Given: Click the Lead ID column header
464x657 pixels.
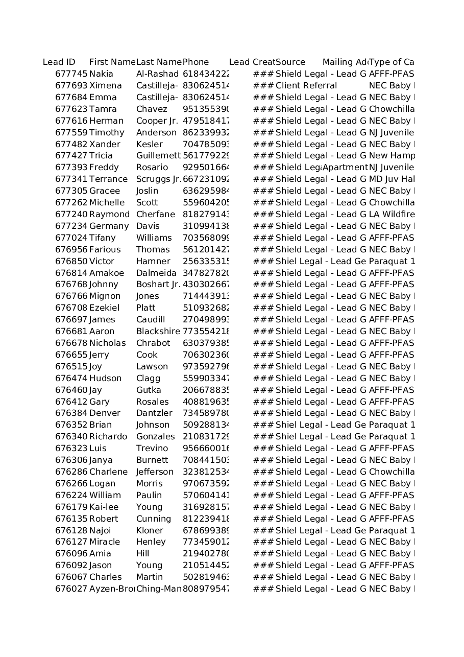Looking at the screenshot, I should point(59,62).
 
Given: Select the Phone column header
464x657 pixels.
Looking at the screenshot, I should point(196,62).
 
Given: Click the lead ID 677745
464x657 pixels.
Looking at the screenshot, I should point(71,74).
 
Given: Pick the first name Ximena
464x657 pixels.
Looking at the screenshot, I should point(105,86).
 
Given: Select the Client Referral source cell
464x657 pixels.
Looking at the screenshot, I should point(306,86).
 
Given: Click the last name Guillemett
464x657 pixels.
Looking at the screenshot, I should point(158,156).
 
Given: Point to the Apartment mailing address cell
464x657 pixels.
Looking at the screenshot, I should point(345,168).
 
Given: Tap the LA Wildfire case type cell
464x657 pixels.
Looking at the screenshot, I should point(392,215).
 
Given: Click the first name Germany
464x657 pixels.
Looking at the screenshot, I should point(109,226).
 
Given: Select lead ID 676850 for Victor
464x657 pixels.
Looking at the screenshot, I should point(71,262).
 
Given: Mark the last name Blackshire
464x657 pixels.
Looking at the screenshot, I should point(158,332).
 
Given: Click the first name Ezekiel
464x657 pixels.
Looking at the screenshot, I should point(104,308).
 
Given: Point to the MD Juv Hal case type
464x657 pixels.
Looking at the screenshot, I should point(392,179).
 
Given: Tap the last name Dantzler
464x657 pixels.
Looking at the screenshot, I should point(154,413).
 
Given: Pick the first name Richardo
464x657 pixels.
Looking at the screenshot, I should point(108,437).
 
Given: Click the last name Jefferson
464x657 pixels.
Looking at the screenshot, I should point(155,472).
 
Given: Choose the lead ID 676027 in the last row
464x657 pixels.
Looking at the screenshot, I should point(71,589).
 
